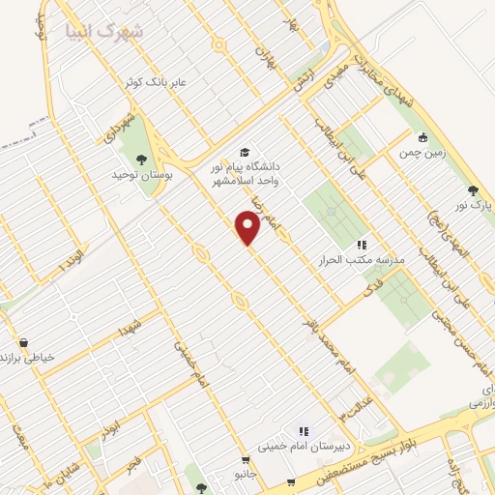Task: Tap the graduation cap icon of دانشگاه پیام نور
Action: point(245,153)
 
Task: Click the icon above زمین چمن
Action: point(421,136)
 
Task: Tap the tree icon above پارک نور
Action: point(472,190)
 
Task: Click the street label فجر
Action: point(131,464)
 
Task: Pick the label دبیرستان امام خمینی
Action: point(302,448)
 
